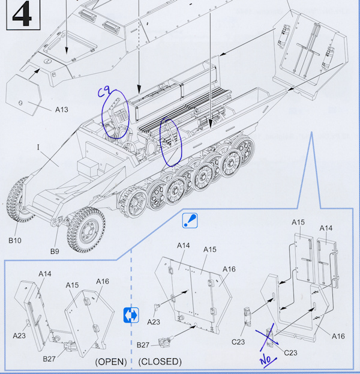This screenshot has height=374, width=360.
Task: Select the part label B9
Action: [55, 251]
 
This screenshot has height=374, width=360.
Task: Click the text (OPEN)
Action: [110, 361]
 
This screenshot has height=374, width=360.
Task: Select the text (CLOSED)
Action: [160, 361]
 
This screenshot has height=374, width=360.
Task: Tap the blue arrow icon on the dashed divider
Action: [131, 314]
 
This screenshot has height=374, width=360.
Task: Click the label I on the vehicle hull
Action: [38, 147]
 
